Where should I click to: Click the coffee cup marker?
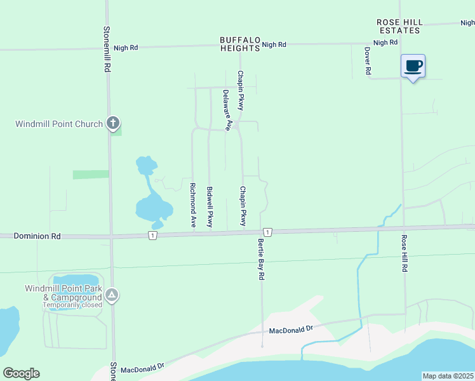413,66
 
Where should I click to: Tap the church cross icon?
113,124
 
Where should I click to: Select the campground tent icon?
112,295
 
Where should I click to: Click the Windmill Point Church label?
59,124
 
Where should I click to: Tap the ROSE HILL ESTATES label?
399,26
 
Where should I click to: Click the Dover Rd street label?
368,61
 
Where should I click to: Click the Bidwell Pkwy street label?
209,207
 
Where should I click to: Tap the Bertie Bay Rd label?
261,260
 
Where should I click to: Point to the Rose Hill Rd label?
403,254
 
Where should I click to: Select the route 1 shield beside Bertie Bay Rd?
269,232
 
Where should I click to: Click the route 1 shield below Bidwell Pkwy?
152,236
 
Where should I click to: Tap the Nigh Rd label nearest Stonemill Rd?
126,48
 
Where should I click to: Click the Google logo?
21,373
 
